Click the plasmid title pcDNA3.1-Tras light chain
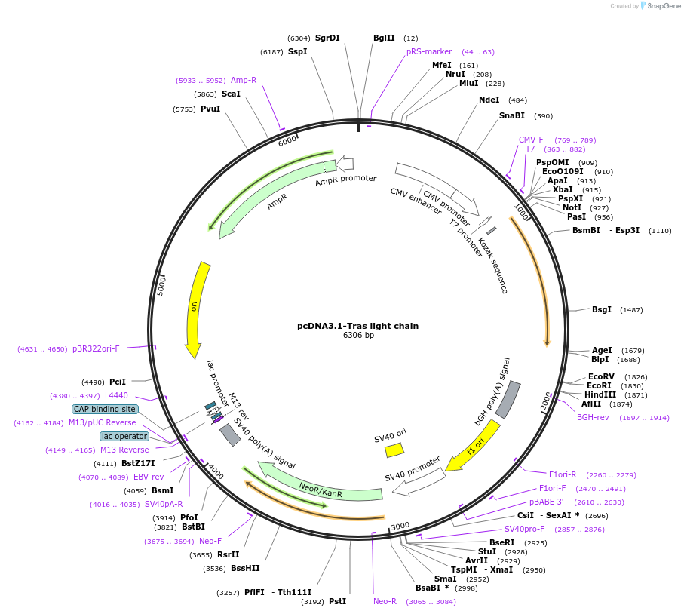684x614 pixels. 357,326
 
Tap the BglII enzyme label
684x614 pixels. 384,38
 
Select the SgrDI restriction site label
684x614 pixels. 327,38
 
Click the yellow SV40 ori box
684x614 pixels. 394,450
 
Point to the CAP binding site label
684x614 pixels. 105,409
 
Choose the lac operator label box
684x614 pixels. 124,436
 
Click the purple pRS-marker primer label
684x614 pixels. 429,51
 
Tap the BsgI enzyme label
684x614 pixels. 601,309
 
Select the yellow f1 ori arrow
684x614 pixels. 473,445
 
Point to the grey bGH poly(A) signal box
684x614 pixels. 508,400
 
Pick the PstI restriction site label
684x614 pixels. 337,601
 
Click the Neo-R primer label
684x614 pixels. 385,601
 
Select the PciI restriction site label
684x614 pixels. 118,382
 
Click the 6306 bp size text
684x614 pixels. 357,336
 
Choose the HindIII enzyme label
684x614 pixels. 600,394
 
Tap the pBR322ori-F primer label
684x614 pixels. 96,348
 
